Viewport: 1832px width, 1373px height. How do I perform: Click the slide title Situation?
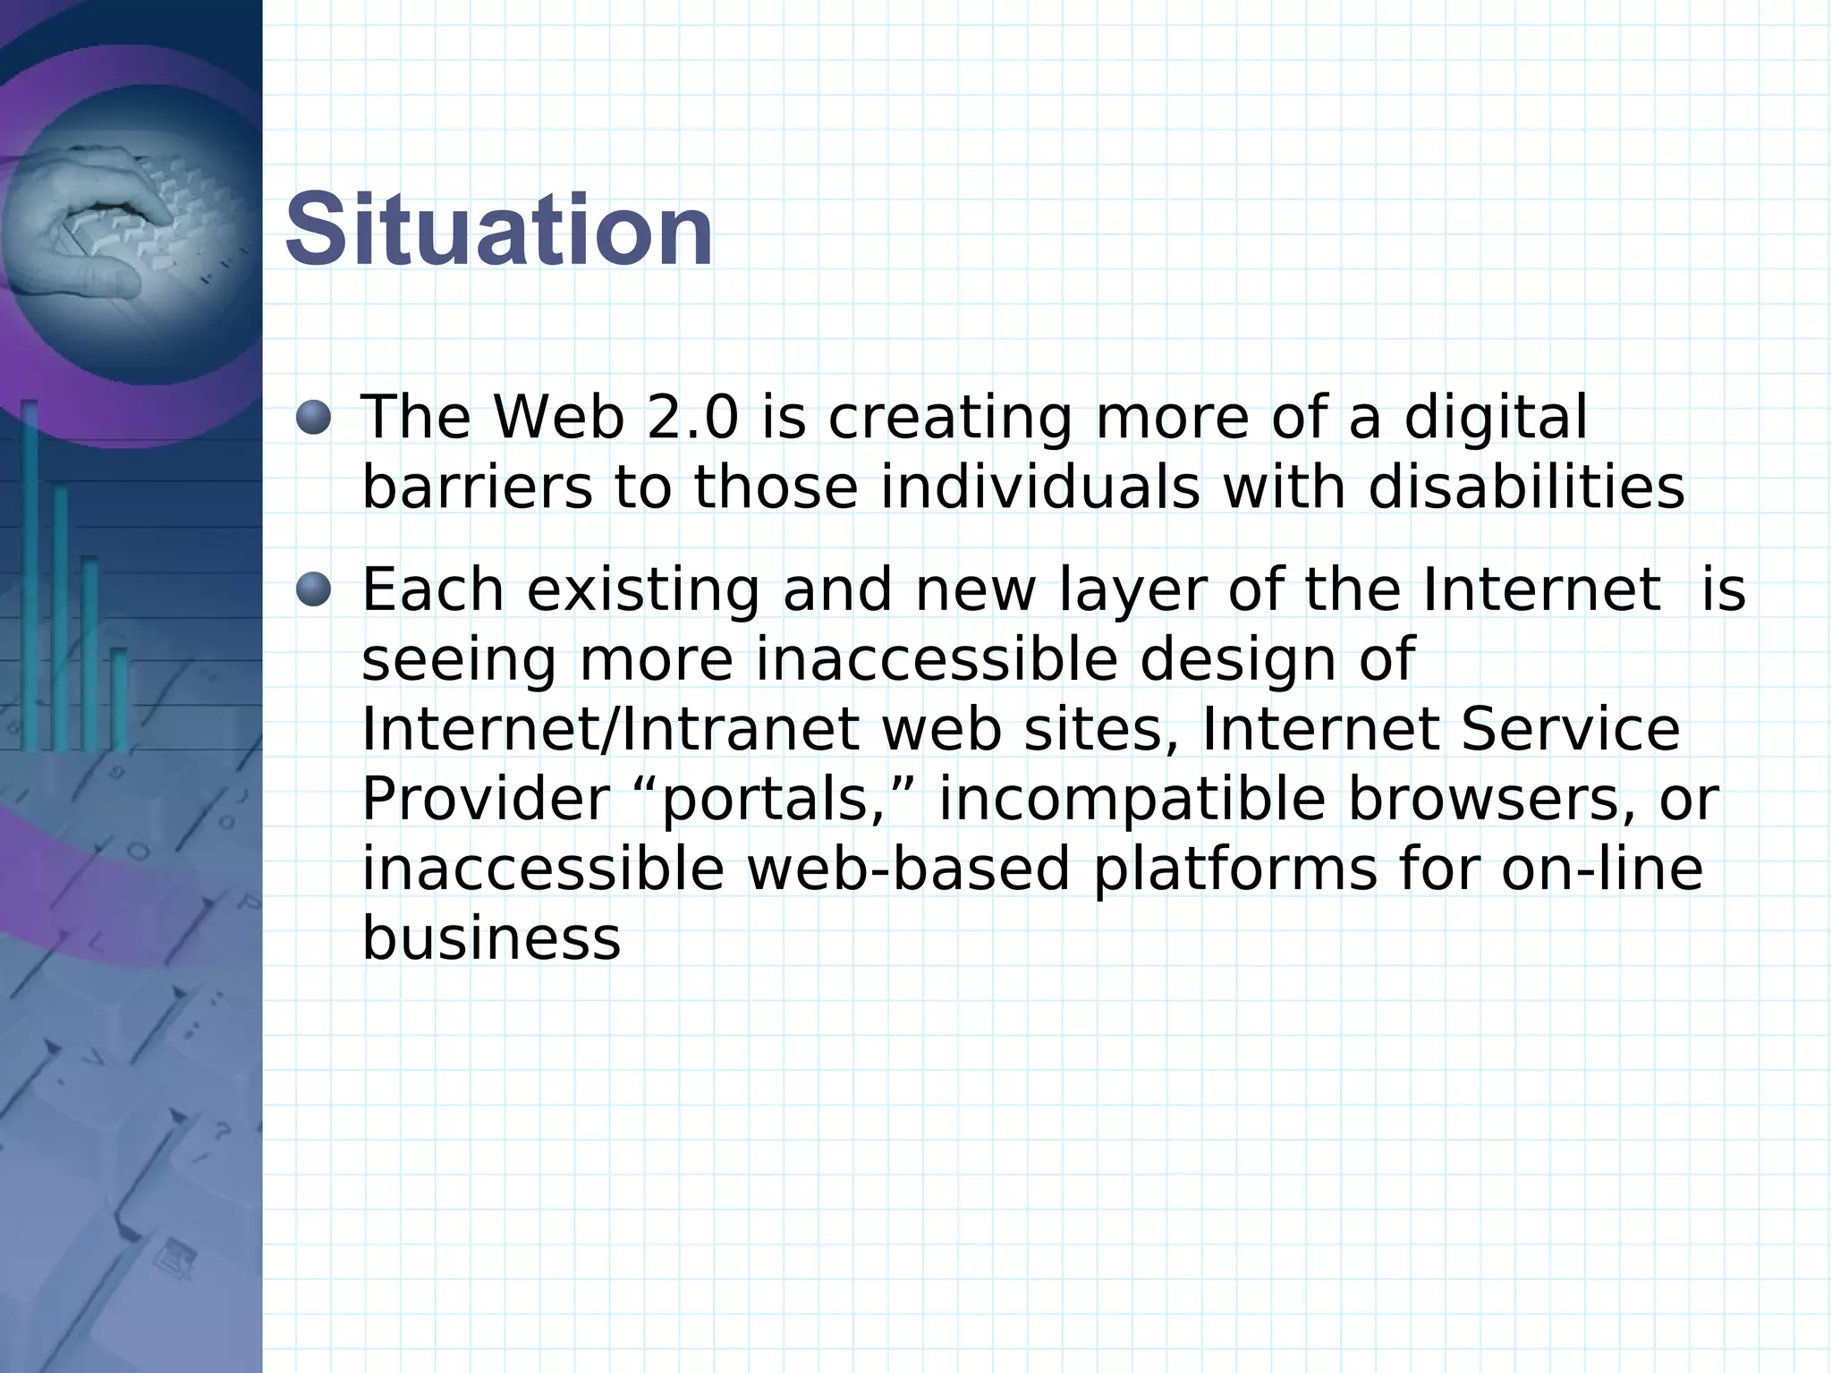[x=499, y=231]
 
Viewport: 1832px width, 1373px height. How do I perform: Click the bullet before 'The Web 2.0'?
[x=313, y=417]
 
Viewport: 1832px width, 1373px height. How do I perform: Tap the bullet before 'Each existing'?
[x=313, y=589]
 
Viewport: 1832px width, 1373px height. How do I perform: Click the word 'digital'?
[x=1495, y=419]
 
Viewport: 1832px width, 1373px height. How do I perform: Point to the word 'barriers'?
[x=477, y=488]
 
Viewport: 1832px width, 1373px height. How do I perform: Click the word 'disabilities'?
[x=1526, y=488]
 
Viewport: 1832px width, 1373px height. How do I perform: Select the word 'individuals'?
[x=1039, y=488]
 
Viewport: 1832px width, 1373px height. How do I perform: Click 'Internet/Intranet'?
[x=610, y=729]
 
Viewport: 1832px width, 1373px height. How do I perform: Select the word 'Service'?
[x=1570, y=729]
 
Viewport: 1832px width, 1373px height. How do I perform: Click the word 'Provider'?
[x=485, y=799]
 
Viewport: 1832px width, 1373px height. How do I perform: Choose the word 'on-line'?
[x=1601, y=869]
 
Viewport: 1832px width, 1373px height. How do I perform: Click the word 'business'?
[x=491, y=938]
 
